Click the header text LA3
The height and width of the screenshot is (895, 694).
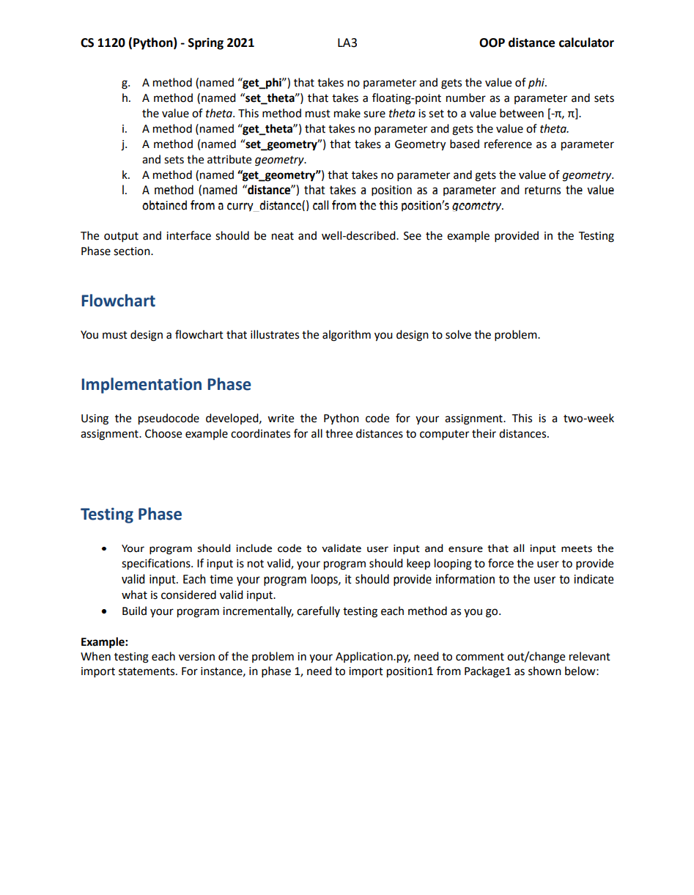[x=347, y=43]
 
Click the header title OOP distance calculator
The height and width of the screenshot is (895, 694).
[x=546, y=43]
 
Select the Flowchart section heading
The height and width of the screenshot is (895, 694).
[x=118, y=301]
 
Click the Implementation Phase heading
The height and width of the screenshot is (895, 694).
[x=166, y=385]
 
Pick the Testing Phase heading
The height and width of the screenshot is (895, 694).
[x=131, y=515]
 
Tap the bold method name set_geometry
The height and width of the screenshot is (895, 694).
[x=276, y=144]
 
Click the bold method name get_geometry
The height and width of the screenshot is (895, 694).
[x=281, y=175]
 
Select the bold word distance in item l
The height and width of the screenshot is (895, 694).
[x=265, y=191]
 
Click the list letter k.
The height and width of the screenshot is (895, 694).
[x=126, y=175]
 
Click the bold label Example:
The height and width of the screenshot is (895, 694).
[x=104, y=641]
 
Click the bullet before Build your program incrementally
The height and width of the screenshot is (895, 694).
[x=107, y=611]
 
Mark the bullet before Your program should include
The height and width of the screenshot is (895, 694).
[x=107, y=548]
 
